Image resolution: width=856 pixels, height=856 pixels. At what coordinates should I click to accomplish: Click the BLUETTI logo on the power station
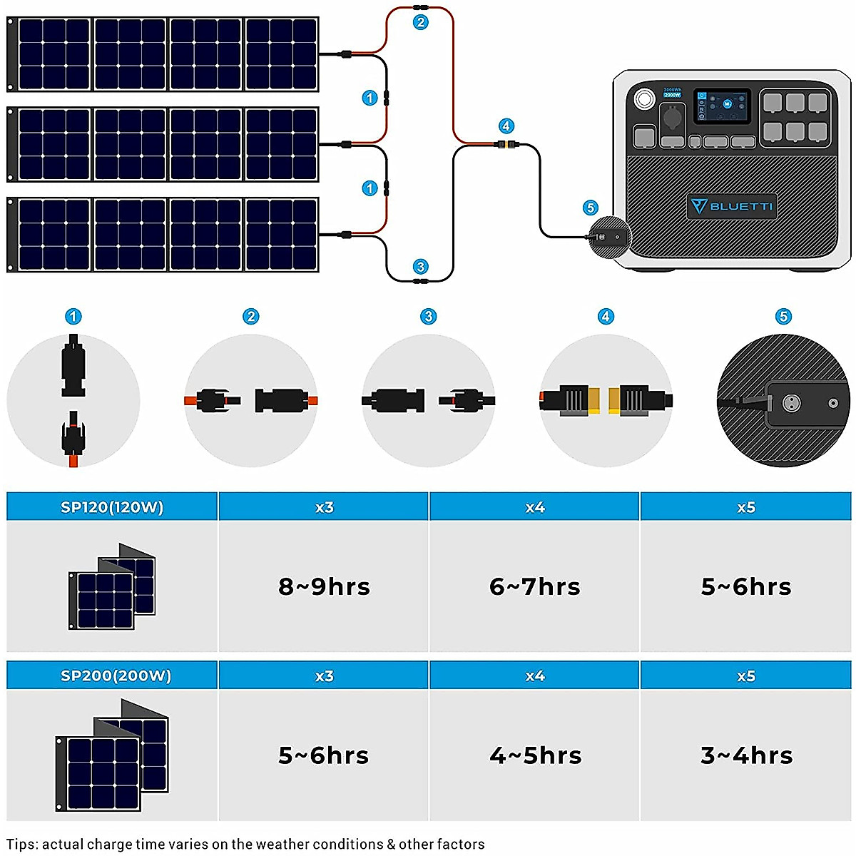731,206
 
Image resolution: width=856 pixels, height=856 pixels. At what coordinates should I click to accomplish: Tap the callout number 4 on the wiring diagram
506,126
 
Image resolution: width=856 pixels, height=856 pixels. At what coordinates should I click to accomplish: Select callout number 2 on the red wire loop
421,22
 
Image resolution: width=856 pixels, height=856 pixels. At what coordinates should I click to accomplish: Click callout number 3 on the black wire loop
421,267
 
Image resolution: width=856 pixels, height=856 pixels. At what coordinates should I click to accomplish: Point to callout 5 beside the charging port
590,208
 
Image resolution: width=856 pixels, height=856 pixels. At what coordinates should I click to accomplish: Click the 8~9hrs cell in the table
324,586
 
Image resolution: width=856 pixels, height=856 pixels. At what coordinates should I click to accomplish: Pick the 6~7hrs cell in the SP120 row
535,586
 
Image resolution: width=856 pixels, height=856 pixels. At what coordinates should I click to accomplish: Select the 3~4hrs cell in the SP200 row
746,755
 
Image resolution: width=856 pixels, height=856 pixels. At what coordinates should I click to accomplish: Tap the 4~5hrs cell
535,755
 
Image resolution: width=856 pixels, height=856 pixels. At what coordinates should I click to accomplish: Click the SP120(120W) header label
112,507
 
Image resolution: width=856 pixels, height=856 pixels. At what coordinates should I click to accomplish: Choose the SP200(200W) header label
116,676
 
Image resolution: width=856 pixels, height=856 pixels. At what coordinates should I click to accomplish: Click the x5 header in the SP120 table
746,507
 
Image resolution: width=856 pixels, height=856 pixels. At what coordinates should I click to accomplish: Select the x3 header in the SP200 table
324,676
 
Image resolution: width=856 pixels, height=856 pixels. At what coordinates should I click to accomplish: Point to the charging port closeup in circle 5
790,402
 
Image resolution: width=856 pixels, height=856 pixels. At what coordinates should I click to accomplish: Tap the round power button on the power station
644,98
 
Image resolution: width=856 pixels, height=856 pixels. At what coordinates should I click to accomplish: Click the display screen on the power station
723,105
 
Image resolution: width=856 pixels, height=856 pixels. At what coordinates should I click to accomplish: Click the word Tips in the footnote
22,845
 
